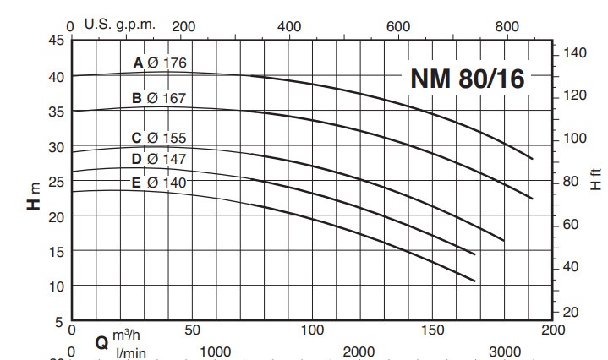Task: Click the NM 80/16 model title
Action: point(468,79)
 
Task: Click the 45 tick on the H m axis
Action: point(56,40)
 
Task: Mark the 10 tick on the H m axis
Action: point(56,286)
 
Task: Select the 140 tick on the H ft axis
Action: point(574,52)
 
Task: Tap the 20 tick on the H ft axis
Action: point(571,313)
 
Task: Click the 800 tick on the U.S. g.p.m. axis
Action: point(507,26)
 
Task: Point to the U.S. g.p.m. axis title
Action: point(120,24)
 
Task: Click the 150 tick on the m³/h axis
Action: point(433,330)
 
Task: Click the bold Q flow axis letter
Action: point(101,343)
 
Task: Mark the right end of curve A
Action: point(532,158)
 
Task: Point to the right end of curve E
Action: point(474,281)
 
